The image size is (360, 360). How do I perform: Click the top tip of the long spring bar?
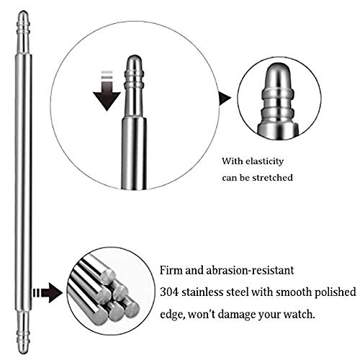(23, 11)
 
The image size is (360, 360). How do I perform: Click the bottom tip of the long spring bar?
(23, 354)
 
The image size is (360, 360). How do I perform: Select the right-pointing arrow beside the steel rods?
(48, 292)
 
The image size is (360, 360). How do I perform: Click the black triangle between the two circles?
(225, 98)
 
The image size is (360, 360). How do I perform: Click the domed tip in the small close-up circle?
(278, 76)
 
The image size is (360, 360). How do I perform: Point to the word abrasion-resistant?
(250, 271)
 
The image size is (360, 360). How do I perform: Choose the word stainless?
(202, 292)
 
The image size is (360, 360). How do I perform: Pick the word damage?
(235, 315)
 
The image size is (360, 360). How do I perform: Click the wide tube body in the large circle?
(134, 153)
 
